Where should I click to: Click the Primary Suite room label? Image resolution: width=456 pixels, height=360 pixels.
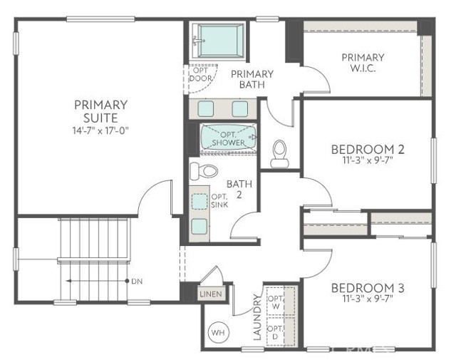100,110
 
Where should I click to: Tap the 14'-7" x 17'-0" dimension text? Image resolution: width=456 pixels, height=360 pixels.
100,130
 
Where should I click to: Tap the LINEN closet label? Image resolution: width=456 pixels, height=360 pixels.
210,294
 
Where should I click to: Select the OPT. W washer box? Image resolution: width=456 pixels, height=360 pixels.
274,302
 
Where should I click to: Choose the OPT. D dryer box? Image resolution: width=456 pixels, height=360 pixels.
274,331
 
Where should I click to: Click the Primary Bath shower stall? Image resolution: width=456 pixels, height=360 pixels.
219,40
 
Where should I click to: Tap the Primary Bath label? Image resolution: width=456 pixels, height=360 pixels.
251,79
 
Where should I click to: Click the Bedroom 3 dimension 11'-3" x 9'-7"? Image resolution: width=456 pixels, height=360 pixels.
368,302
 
